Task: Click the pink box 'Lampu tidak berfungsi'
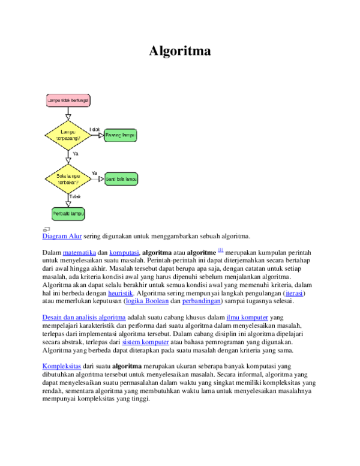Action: [68, 100]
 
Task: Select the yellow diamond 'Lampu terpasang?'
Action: [68, 135]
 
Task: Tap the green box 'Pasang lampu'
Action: [121, 135]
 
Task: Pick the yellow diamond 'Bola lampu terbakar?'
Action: [68, 179]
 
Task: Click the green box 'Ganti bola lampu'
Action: [121, 179]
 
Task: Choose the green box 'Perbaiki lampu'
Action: [68, 214]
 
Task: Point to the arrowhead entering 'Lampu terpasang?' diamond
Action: [68, 117]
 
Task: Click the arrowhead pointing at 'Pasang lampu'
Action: [101, 135]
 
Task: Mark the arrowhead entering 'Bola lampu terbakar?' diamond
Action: [68, 160]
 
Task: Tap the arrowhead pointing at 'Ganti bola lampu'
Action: [101, 179]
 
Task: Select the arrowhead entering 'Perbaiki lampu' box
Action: [68, 204]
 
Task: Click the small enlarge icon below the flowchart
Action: [46, 229]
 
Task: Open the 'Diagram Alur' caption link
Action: [62, 237]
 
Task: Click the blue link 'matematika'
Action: [79, 253]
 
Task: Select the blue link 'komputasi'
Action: [124, 253]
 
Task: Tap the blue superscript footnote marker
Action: [220, 250]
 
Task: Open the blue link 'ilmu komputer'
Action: [247, 318]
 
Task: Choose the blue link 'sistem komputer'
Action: [145, 342]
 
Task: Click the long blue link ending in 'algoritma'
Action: [83, 318]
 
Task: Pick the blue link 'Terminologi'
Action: [62, 366]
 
